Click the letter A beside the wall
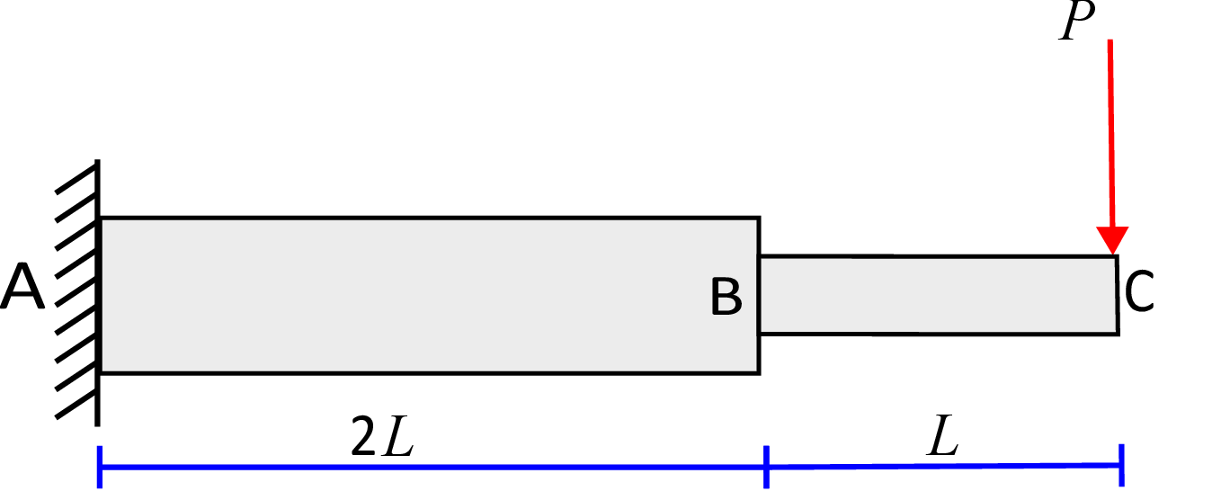[22, 287]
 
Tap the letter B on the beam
[726, 297]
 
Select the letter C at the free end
[1138, 291]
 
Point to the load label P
[1076, 21]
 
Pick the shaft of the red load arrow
[1111, 133]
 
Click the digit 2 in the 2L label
[363, 436]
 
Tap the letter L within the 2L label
[398, 436]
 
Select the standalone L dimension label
[943, 435]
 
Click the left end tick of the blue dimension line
[100, 467]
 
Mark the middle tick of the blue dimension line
[766, 467]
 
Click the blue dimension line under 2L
[432, 467]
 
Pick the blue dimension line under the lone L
[944, 466]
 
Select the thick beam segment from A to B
[430, 296]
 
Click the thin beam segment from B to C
[940, 295]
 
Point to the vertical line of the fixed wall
[98, 292]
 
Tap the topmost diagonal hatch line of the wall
[76, 181]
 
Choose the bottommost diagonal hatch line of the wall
[76, 405]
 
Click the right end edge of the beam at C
[1118, 295]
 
